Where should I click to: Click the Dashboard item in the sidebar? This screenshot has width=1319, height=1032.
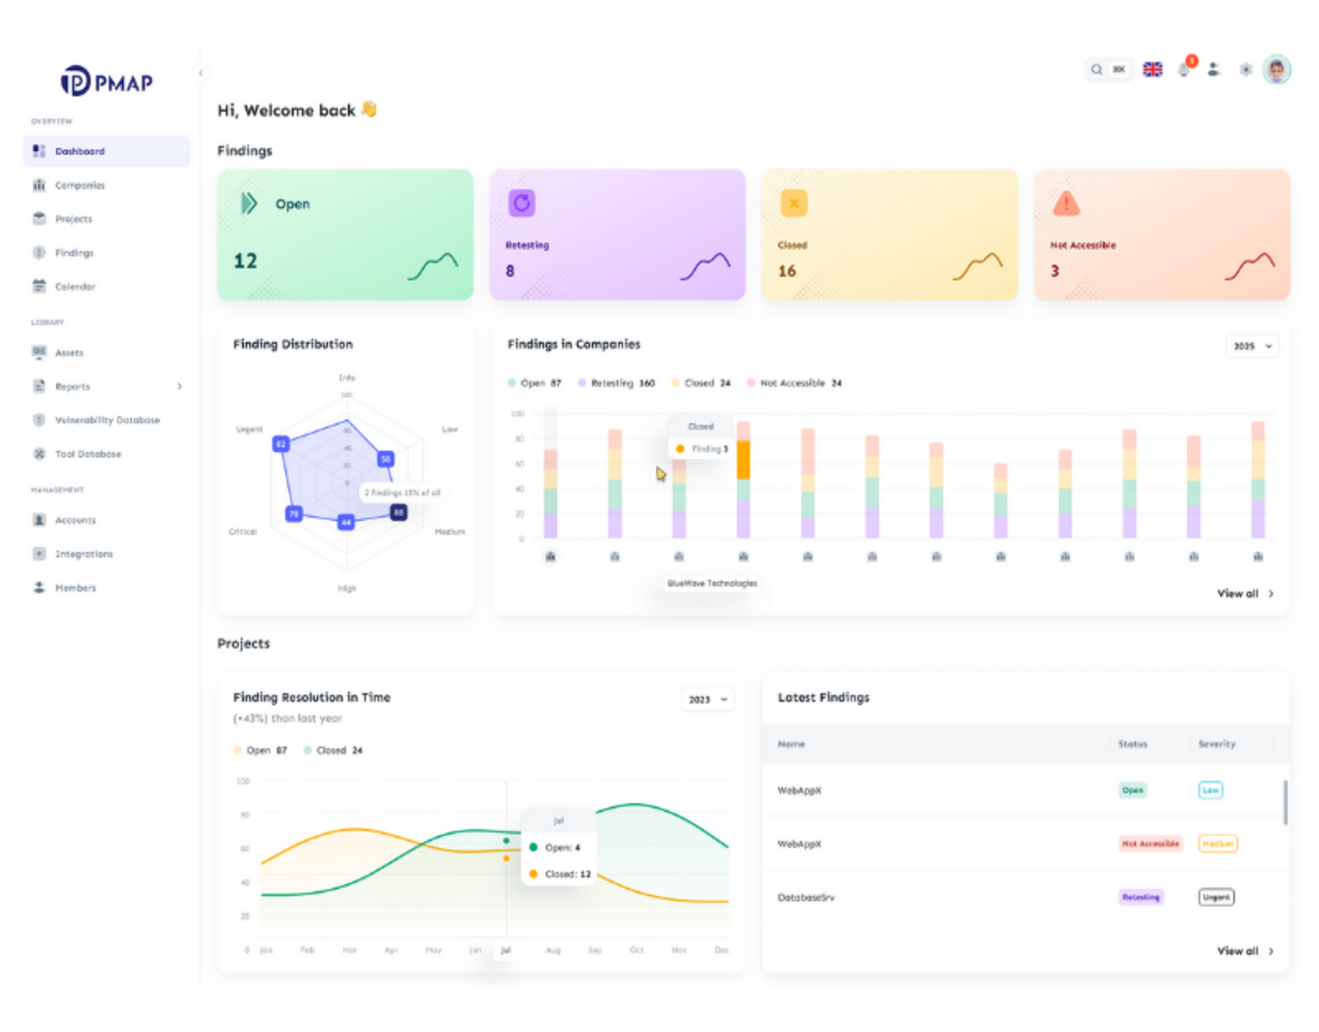[x=80, y=152]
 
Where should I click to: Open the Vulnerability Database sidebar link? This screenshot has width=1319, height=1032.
[x=107, y=420]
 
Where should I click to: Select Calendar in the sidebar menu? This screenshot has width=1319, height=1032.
[x=75, y=287]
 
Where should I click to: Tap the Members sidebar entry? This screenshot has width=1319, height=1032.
[x=75, y=588]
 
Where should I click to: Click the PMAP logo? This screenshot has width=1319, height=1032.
[x=106, y=82]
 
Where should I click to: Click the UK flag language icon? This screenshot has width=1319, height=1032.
[x=1152, y=69]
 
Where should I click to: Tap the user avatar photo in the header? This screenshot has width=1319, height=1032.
[x=1276, y=69]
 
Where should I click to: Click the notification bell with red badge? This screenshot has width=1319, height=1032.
[x=1185, y=69]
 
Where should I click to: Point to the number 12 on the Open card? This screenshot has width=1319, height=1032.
[x=246, y=261]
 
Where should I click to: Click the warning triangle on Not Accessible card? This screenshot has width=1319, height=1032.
[x=1066, y=203]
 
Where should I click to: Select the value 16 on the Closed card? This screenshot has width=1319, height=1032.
[x=787, y=271]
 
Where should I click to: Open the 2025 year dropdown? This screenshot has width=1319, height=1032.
[x=1251, y=346]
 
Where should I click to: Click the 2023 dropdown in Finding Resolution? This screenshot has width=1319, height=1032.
[x=707, y=700]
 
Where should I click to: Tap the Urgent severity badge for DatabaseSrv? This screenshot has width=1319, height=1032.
[x=1216, y=897]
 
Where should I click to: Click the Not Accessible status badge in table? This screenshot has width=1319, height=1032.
[x=1150, y=843]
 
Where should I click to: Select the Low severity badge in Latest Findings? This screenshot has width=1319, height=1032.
[x=1210, y=790]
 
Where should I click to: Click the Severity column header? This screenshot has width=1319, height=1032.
[x=1217, y=744]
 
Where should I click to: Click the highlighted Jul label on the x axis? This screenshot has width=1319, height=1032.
[x=505, y=950]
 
